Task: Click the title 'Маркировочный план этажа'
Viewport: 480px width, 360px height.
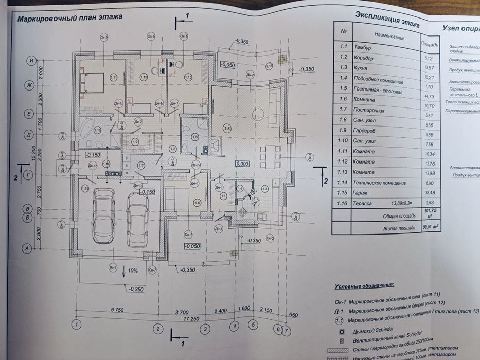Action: click(x=70, y=18)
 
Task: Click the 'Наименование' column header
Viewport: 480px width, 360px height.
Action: click(x=390, y=37)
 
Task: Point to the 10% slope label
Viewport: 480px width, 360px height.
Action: click(x=132, y=271)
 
